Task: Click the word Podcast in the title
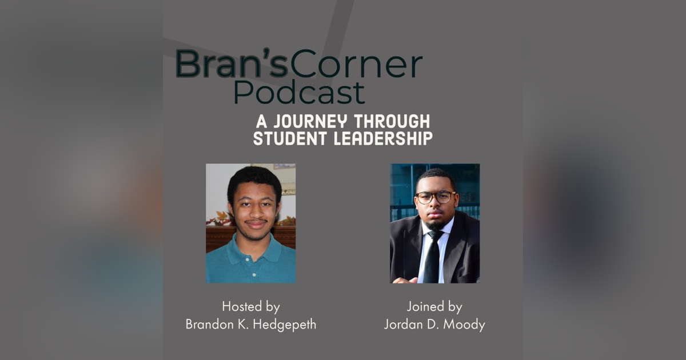pyautogui.click(x=299, y=92)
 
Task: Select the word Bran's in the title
pyautogui.click(x=232, y=63)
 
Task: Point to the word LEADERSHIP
pyautogui.click(x=383, y=138)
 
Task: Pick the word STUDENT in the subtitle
pyautogui.click(x=290, y=138)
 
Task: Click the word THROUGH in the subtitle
pyautogui.click(x=392, y=121)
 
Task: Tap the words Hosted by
pyautogui.click(x=251, y=307)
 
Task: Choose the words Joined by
pyautogui.click(x=434, y=307)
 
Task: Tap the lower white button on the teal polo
pyautogui.click(x=254, y=275)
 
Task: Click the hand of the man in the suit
pyautogui.click(x=405, y=280)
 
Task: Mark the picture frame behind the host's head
pyautogui.click(x=285, y=166)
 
